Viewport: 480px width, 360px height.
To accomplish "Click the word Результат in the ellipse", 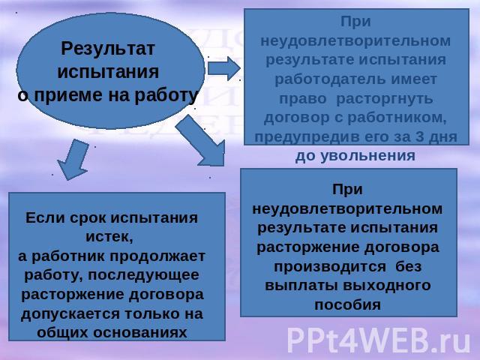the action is [108, 48].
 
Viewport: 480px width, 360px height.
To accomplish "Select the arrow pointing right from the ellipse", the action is [224, 68].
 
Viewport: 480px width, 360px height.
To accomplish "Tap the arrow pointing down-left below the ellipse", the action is [73, 159].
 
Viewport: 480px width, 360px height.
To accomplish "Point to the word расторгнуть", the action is [385, 98].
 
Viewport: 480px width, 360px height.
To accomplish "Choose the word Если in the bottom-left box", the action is [45, 218].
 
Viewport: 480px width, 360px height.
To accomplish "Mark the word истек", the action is [109, 237].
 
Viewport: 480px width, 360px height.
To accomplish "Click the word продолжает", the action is [157, 256].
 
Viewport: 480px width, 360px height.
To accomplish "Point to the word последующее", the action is [143, 275].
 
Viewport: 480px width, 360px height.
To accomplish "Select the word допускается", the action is [67, 314].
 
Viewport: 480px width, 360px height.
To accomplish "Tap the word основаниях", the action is [140, 333].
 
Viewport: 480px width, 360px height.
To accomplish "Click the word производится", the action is [330, 267].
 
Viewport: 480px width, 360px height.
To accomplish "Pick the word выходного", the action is [387, 286].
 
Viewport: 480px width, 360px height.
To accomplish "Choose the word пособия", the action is [348, 305].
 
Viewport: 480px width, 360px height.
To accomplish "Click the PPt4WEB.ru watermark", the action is [379, 340].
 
